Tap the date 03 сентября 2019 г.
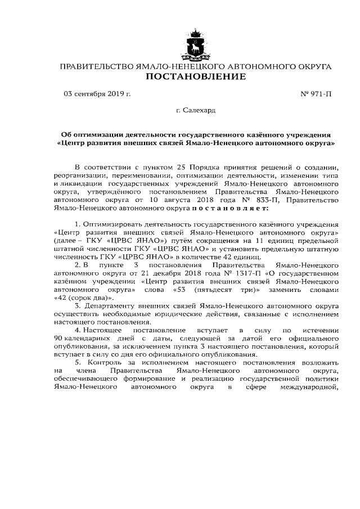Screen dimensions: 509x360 (x=97, y=94)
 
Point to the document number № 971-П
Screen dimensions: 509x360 (x=317, y=94)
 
